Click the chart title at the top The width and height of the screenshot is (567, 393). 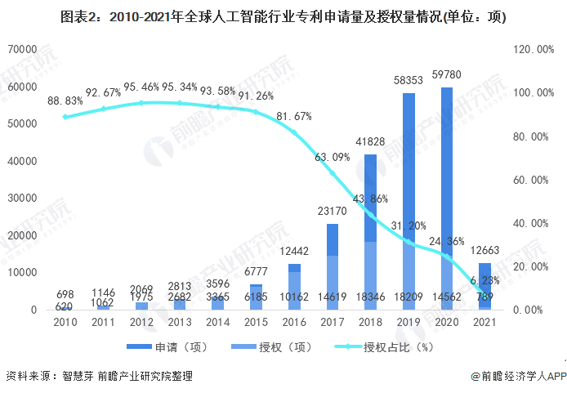pyautogui.click(x=283, y=17)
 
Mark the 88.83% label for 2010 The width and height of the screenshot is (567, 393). pyautogui.click(x=65, y=100)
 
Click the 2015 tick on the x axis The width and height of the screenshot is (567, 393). pyautogui.click(x=256, y=324)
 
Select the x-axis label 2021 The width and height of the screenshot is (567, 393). pyautogui.click(x=485, y=324)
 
